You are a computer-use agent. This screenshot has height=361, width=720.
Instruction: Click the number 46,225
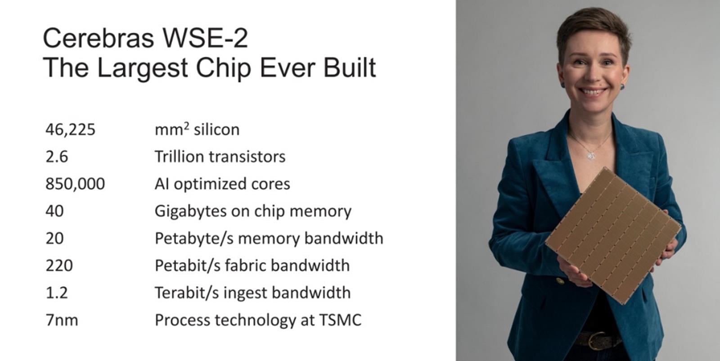click(x=70, y=130)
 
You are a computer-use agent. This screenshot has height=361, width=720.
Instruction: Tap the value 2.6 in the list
click(x=57, y=157)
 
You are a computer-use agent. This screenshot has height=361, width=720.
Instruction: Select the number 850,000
click(x=75, y=184)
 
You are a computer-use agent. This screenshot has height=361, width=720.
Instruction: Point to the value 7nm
click(x=62, y=320)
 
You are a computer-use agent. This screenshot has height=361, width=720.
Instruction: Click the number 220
click(x=59, y=266)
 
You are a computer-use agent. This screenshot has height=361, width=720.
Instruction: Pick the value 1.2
click(x=57, y=293)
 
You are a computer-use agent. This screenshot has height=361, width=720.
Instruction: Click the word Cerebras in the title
click(x=99, y=38)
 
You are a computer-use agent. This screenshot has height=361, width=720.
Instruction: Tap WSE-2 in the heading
click(x=205, y=38)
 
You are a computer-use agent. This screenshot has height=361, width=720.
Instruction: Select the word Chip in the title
click(x=223, y=68)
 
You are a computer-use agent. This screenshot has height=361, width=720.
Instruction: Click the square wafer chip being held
click(x=613, y=235)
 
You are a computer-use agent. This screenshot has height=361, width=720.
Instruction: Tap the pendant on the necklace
click(x=591, y=156)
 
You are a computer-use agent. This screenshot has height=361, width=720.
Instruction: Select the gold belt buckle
click(x=597, y=340)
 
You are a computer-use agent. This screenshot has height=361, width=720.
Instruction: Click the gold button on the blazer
click(x=560, y=281)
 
